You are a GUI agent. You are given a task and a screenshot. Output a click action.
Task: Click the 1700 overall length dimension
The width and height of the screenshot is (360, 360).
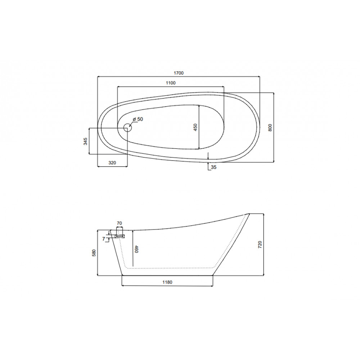pyautogui.click(x=179, y=73)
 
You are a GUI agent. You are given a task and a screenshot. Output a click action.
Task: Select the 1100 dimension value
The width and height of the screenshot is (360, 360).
pyautogui.click(x=171, y=83)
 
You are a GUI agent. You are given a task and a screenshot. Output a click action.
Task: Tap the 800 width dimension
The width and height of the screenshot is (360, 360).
pyautogui.click(x=270, y=127)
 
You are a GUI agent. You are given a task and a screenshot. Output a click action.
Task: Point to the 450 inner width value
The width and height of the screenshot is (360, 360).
pyautogui.click(x=195, y=127)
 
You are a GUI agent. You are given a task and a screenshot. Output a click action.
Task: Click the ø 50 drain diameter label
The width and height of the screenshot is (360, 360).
pyautogui.click(x=138, y=119)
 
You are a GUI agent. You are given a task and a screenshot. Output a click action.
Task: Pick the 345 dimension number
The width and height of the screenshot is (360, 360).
pyautogui.click(x=85, y=141)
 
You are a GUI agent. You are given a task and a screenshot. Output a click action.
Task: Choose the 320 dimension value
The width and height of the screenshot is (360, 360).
pyautogui.click(x=112, y=163)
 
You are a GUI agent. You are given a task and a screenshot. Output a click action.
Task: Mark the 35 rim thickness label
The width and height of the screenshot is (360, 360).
pyautogui.click(x=213, y=167)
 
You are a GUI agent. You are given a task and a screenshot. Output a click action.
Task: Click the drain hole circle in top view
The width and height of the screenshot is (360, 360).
pyautogui.click(x=127, y=128)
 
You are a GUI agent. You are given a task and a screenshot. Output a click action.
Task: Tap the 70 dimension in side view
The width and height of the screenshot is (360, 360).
pyautogui.click(x=120, y=223)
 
